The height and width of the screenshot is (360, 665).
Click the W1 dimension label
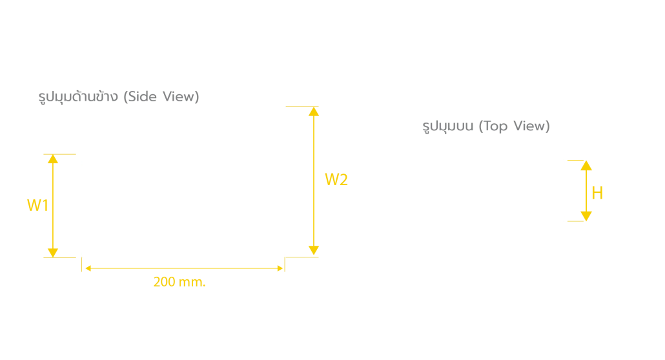(x=37, y=206)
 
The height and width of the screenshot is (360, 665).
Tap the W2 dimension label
(x=336, y=180)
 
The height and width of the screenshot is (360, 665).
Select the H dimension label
(x=597, y=194)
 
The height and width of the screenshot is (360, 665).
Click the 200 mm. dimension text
(x=179, y=282)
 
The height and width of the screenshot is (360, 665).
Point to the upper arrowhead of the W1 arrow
(x=52, y=159)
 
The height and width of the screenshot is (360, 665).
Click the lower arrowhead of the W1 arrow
(x=52, y=253)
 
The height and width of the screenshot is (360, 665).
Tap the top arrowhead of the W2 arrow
(x=313, y=112)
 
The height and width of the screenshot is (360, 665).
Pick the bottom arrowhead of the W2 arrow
(x=313, y=250)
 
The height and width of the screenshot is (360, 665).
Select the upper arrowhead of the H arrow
(x=586, y=165)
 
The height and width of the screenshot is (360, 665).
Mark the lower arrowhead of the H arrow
(x=586, y=216)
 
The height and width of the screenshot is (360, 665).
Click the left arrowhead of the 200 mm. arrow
(x=88, y=268)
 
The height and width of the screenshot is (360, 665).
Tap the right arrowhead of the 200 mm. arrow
(x=280, y=268)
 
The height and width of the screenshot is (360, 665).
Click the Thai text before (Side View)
(x=78, y=97)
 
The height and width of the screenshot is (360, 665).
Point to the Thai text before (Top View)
(x=448, y=126)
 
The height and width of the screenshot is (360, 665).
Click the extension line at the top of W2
(x=302, y=107)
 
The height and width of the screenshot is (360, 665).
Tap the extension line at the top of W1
(x=59, y=154)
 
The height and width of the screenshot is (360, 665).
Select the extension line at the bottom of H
(x=575, y=221)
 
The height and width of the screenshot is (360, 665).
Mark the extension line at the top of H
(x=575, y=160)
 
